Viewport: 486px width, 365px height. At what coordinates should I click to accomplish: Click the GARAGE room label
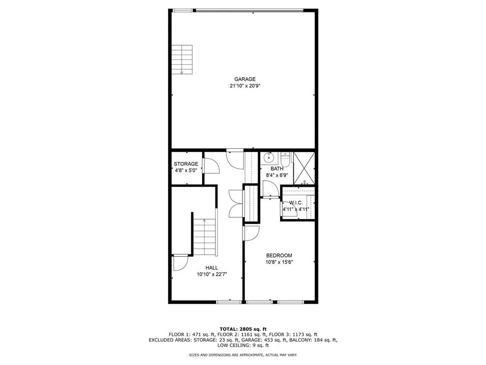tap(244, 79)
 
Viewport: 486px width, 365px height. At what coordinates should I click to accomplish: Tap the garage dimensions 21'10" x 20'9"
tap(244, 86)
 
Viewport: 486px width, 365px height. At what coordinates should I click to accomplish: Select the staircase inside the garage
tap(183, 59)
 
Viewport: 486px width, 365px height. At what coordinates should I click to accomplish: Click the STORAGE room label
tap(186, 164)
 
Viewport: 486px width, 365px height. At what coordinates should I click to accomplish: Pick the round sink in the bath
tap(269, 157)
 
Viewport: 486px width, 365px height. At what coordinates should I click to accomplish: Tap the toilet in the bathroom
tap(285, 157)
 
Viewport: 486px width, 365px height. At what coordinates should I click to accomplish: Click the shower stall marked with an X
tap(304, 168)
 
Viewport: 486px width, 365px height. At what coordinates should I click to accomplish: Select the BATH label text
tap(277, 169)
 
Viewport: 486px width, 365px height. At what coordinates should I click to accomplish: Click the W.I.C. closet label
tap(296, 202)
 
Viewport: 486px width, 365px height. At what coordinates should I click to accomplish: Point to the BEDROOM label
tap(279, 255)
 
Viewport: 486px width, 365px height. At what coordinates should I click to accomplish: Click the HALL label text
tap(212, 268)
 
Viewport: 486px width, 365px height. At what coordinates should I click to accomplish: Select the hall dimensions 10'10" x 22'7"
tap(212, 274)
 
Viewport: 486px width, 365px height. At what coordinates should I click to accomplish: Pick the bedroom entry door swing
tap(251, 233)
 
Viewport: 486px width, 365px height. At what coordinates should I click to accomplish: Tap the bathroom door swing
tap(270, 188)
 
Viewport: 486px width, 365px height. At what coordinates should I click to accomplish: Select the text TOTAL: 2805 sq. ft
tap(243, 329)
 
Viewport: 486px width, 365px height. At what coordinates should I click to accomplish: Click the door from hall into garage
tap(235, 158)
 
